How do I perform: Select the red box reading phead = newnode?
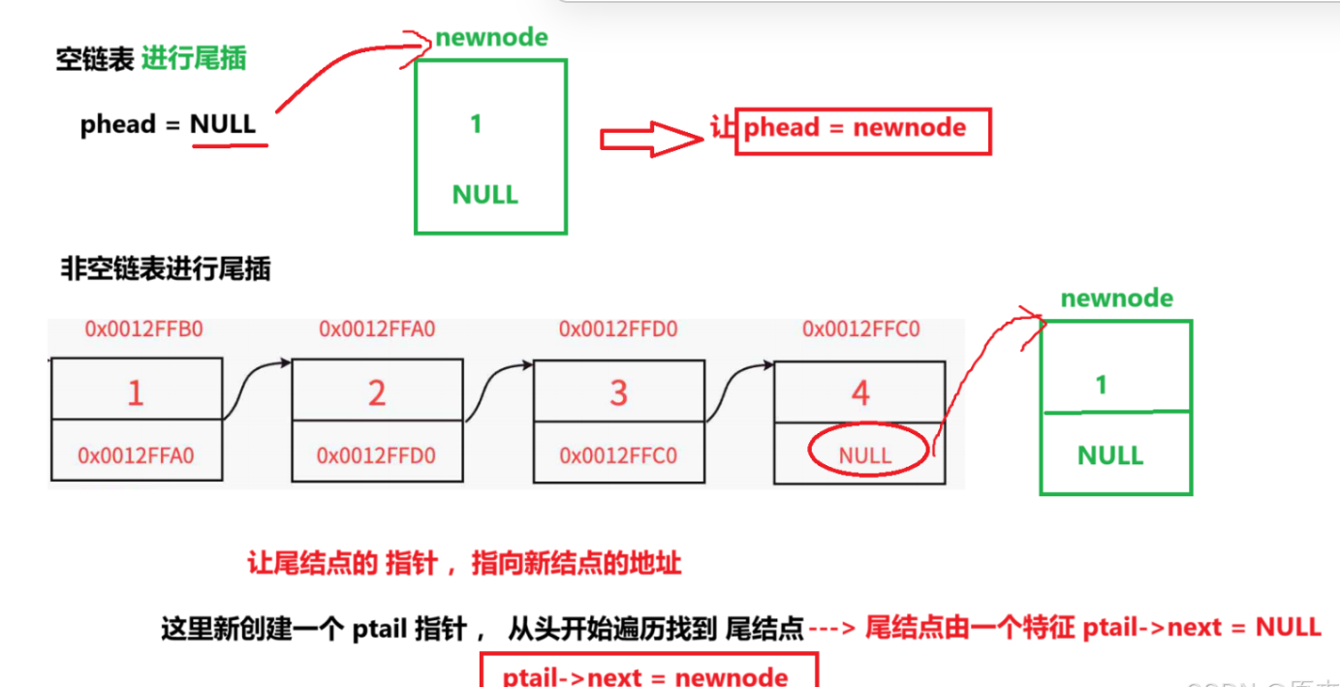(x=862, y=130)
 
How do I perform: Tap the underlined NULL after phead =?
(x=223, y=124)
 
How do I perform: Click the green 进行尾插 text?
(x=194, y=59)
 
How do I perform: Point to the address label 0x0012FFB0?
(x=143, y=329)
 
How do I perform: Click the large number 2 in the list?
(x=376, y=392)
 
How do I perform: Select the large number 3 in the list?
(x=618, y=392)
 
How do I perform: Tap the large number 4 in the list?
(x=859, y=392)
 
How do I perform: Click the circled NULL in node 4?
(x=865, y=455)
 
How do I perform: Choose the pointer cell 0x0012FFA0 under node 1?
(x=137, y=455)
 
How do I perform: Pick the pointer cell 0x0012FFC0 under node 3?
(x=618, y=455)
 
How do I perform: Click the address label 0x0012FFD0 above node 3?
(x=617, y=329)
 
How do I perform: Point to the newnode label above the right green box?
(x=1116, y=298)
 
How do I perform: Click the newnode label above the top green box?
(x=491, y=38)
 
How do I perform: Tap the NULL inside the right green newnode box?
(x=1110, y=455)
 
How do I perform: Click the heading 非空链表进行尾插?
(x=166, y=268)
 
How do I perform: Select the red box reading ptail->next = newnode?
(x=649, y=673)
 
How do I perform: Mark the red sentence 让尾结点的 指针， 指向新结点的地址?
(x=464, y=564)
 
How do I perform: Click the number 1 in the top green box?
(x=476, y=124)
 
